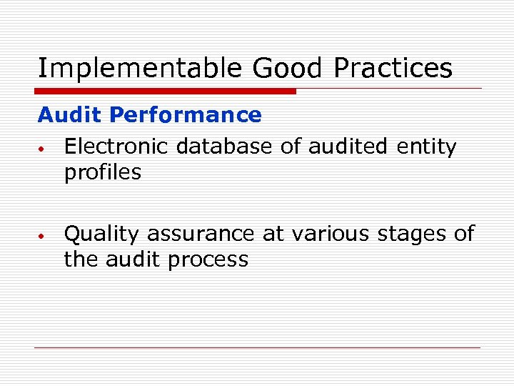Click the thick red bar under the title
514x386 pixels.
tap(166, 91)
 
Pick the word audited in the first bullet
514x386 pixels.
tap(346, 147)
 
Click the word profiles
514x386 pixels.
tap(103, 172)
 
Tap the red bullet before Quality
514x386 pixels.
tap(43, 235)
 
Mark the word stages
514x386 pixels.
tap(413, 234)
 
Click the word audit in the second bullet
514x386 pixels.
tap(133, 259)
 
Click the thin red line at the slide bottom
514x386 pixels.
tap(257, 347)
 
